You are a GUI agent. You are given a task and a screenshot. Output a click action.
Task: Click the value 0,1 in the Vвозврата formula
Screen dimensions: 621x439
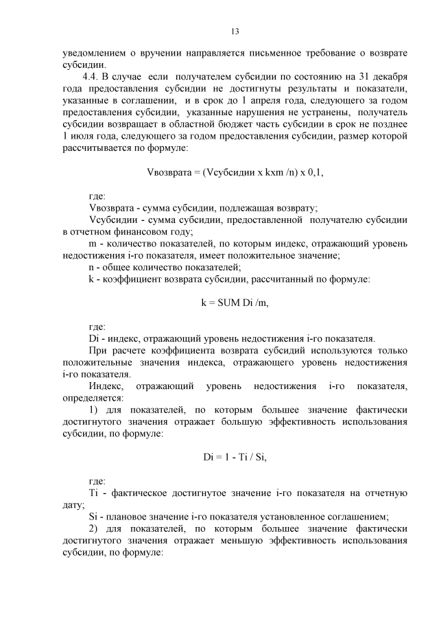(x=313, y=172)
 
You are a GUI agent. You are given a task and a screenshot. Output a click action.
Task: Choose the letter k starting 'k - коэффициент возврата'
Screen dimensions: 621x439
(x=92, y=279)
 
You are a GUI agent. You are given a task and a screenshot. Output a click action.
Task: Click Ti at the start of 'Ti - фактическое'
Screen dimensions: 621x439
(x=95, y=493)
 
